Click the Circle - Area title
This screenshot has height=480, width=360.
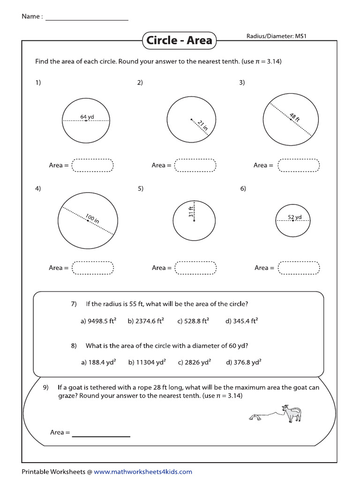(x=179, y=40)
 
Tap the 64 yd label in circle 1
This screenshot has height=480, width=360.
(x=87, y=116)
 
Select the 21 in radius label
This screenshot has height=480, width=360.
(x=202, y=126)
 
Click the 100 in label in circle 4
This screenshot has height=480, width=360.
(x=92, y=218)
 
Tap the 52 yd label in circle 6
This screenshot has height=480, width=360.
(x=294, y=217)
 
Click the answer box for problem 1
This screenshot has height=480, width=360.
(x=93, y=165)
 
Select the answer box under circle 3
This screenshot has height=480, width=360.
(x=298, y=165)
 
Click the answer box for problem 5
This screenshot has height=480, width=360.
(x=195, y=268)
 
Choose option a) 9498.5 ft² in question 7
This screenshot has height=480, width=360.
(x=98, y=321)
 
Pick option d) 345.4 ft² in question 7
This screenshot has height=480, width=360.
(x=242, y=321)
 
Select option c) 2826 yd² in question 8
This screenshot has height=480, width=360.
(x=194, y=362)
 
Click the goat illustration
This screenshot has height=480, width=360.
(x=292, y=413)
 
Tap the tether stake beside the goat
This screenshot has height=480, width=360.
(x=256, y=416)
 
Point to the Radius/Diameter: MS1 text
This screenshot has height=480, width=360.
(x=276, y=36)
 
